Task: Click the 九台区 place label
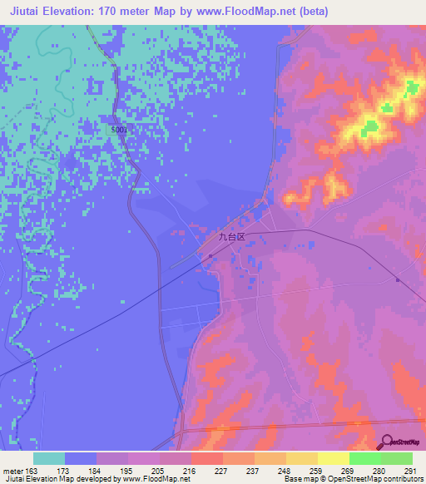(x=232, y=237)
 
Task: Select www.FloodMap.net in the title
(x=253, y=12)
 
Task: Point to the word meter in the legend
(x=12, y=471)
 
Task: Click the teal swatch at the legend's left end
(x=49, y=458)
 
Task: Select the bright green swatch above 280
(x=364, y=458)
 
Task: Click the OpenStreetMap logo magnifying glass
(x=384, y=442)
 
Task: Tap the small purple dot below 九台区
(x=210, y=256)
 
